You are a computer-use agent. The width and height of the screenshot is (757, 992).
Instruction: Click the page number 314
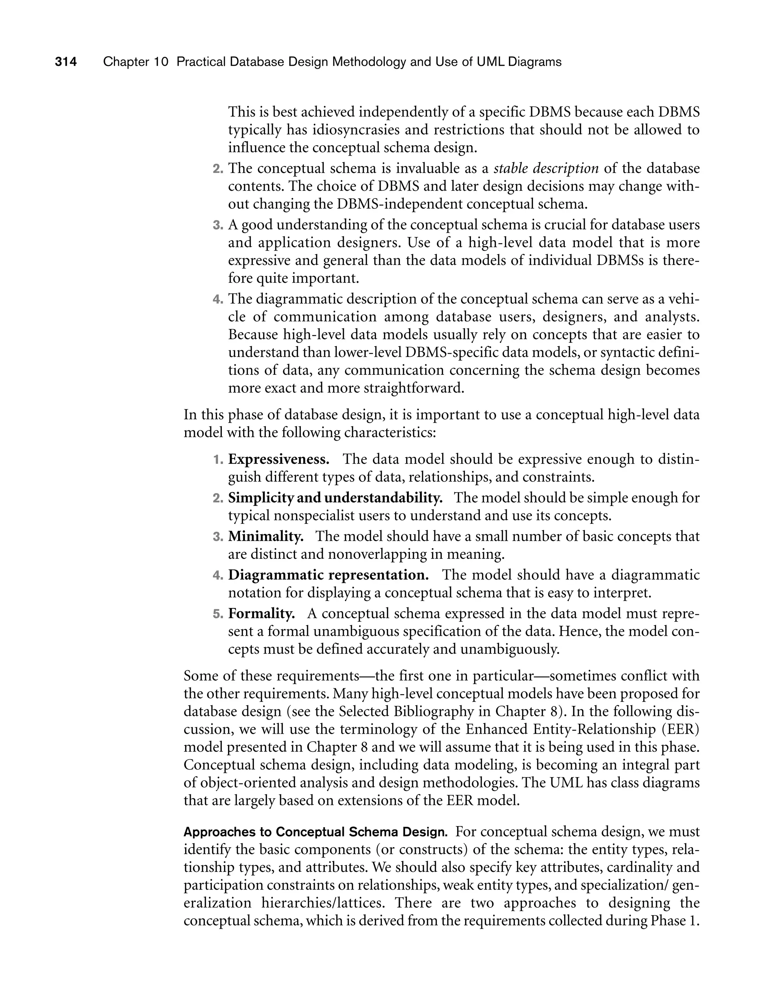coord(66,62)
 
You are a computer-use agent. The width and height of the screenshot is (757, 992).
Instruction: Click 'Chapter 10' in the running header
coord(136,62)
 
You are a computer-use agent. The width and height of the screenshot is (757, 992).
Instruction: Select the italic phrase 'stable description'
coord(546,169)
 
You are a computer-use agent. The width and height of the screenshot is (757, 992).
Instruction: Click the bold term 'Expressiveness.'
coord(278,459)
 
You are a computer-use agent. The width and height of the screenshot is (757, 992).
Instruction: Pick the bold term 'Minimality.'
coord(266,537)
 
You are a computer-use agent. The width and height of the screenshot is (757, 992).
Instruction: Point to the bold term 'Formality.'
coord(261,614)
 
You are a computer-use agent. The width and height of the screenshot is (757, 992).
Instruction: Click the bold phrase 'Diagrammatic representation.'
coord(328,575)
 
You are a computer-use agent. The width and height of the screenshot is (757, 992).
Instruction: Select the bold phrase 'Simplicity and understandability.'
coord(335,498)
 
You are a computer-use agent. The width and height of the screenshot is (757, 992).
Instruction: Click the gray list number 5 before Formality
coord(218,614)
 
